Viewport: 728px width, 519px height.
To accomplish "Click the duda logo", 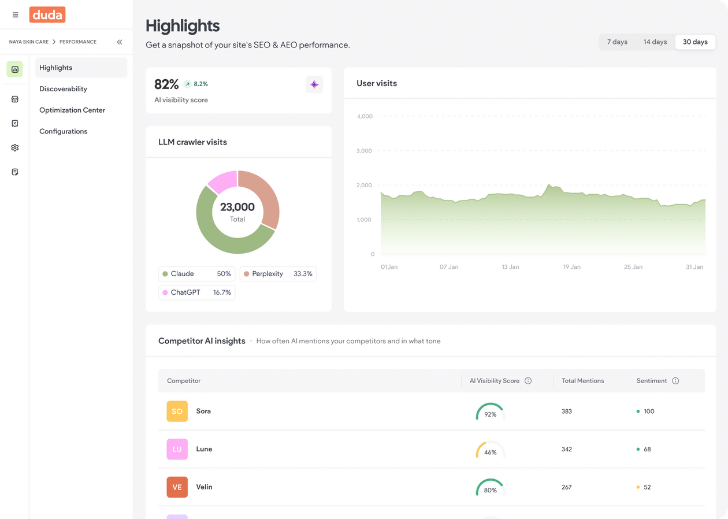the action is (x=47, y=14).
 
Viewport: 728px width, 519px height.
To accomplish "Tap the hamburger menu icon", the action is (x=15, y=15).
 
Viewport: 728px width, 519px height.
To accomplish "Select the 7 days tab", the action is (x=617, y=42).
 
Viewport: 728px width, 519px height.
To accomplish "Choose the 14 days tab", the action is (x=655, y=42).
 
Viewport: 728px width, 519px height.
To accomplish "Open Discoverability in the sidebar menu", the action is (x=63, y=89).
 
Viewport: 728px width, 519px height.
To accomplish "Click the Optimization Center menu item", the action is (x=72, y=110).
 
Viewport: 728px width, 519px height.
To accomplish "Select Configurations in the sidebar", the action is (x=64, y=131).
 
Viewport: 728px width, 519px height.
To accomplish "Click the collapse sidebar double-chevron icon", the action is (x=120, y=42).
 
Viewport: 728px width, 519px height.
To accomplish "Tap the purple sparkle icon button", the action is (x=314, y=84).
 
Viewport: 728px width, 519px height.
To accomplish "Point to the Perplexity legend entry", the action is (x=278, y=274).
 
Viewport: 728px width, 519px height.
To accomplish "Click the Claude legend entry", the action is (x=196, y=274).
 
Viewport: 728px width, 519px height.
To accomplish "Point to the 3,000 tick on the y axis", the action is (x=364, y=151).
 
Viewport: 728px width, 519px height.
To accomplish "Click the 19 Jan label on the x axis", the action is (x=571, y=267).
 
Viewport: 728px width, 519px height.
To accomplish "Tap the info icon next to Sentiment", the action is (x=675, y=381).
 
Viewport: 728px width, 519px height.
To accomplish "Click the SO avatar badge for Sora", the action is (x=177, y=412).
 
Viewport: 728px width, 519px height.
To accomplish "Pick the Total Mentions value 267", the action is (x=566, y=487).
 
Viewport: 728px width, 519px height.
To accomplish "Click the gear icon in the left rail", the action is (x=15, y=147).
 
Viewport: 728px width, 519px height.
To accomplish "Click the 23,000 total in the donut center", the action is (x=237, y=207).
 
